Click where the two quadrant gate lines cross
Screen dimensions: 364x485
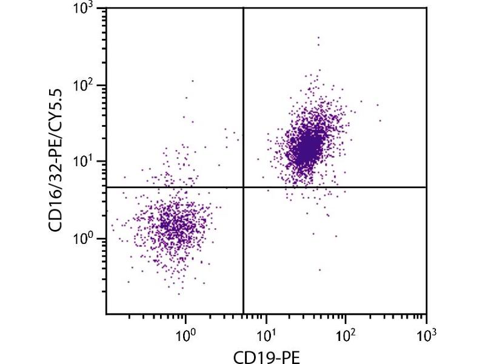coord(243,187)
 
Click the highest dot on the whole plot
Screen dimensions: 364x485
coord(318,38)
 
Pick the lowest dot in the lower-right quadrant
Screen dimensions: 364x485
coord(319,270)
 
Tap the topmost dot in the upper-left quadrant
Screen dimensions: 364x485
coord(193,80)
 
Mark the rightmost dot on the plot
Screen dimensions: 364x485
coord(380,121)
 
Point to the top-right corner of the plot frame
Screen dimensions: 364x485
coord(426,8)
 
